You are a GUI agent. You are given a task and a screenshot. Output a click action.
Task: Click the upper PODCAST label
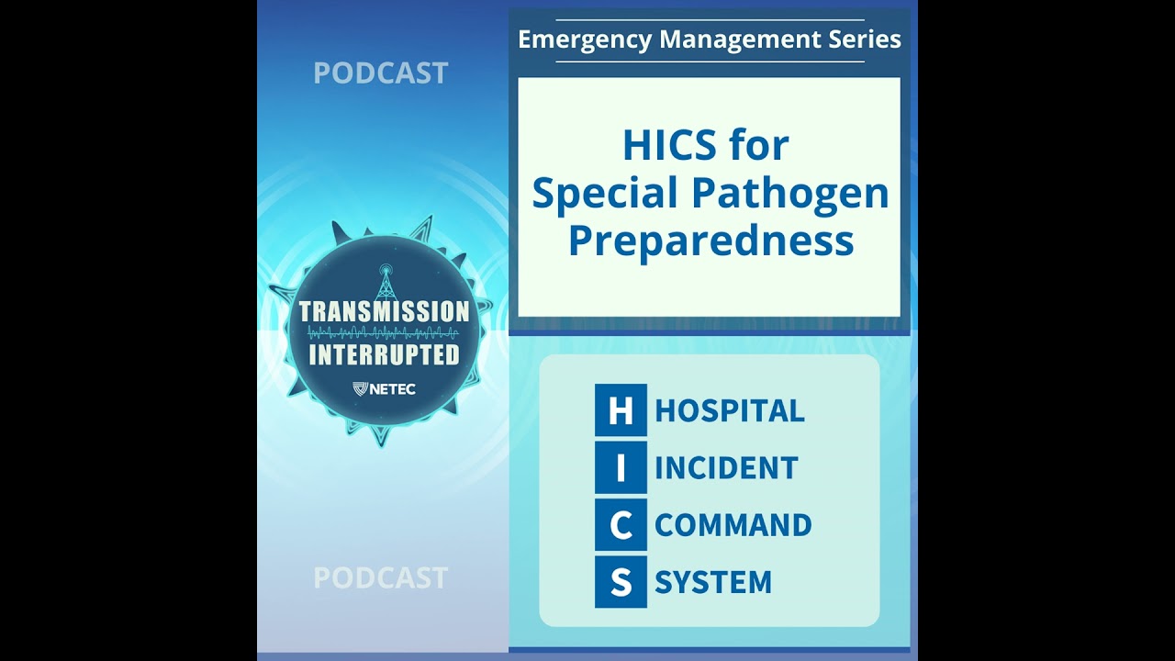point(380,73)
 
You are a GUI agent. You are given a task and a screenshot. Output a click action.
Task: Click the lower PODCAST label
point(380,577)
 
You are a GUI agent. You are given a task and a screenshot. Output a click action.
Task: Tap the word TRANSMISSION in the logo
point(384,311)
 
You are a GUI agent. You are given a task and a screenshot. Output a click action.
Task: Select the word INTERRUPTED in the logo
point(384,355)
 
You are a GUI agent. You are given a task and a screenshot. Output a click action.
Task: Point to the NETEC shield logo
point(361,389)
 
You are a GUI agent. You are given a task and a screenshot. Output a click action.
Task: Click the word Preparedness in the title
point(711,241)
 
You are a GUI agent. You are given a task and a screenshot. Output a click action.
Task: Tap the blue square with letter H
point(621,410)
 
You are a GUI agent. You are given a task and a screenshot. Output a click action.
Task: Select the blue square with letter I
point(621,467)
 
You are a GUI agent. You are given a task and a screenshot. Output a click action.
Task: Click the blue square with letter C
point(621,525)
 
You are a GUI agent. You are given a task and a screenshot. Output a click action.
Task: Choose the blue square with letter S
point(621,582)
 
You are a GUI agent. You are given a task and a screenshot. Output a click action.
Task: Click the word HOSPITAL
point(730,410)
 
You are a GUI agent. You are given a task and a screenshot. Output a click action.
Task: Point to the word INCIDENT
point(726,468)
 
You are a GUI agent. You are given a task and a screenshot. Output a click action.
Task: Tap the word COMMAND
point(733,525)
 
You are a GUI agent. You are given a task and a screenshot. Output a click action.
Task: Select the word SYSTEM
point(712,582)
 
